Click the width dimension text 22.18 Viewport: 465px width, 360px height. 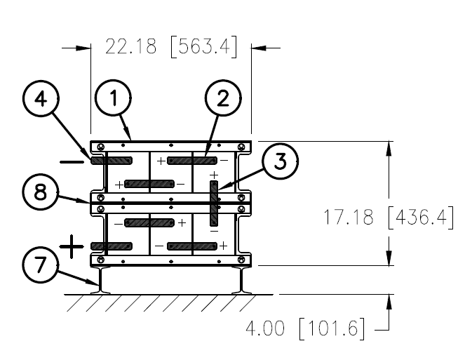point(130,46)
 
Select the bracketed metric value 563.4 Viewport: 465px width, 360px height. point(204,46)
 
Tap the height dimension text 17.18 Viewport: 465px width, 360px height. point(348,217)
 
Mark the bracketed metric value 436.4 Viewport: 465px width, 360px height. point(421,217)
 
